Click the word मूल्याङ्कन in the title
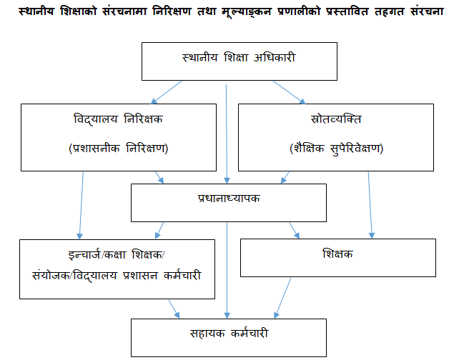(x=247, y=12)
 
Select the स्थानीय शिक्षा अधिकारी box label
(x=239, y=57)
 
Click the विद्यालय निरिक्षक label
(x=119, y=119)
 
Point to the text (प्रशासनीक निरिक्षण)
(x=119, y=148)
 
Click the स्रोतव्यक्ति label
(x=336, y=119)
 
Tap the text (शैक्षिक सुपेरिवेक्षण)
(x=337, y=148)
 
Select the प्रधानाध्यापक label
(x=229, y=198)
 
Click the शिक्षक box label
(x=337, y=254)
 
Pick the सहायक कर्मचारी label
(x=229, y=334)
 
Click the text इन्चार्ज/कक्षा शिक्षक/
(x=117, y=254)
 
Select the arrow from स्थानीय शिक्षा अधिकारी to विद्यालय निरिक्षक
(x=167, y=92)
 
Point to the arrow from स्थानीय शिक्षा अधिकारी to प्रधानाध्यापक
(x=227, y=134)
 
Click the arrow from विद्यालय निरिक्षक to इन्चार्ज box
(x=81, y=206)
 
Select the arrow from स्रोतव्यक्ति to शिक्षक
(x=370, y=205)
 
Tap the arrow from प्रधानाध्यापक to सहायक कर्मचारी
(x=227, y=271)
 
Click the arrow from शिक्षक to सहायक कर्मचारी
(x=282, y=298)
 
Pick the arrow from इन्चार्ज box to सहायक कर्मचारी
(x=174, y=309)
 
